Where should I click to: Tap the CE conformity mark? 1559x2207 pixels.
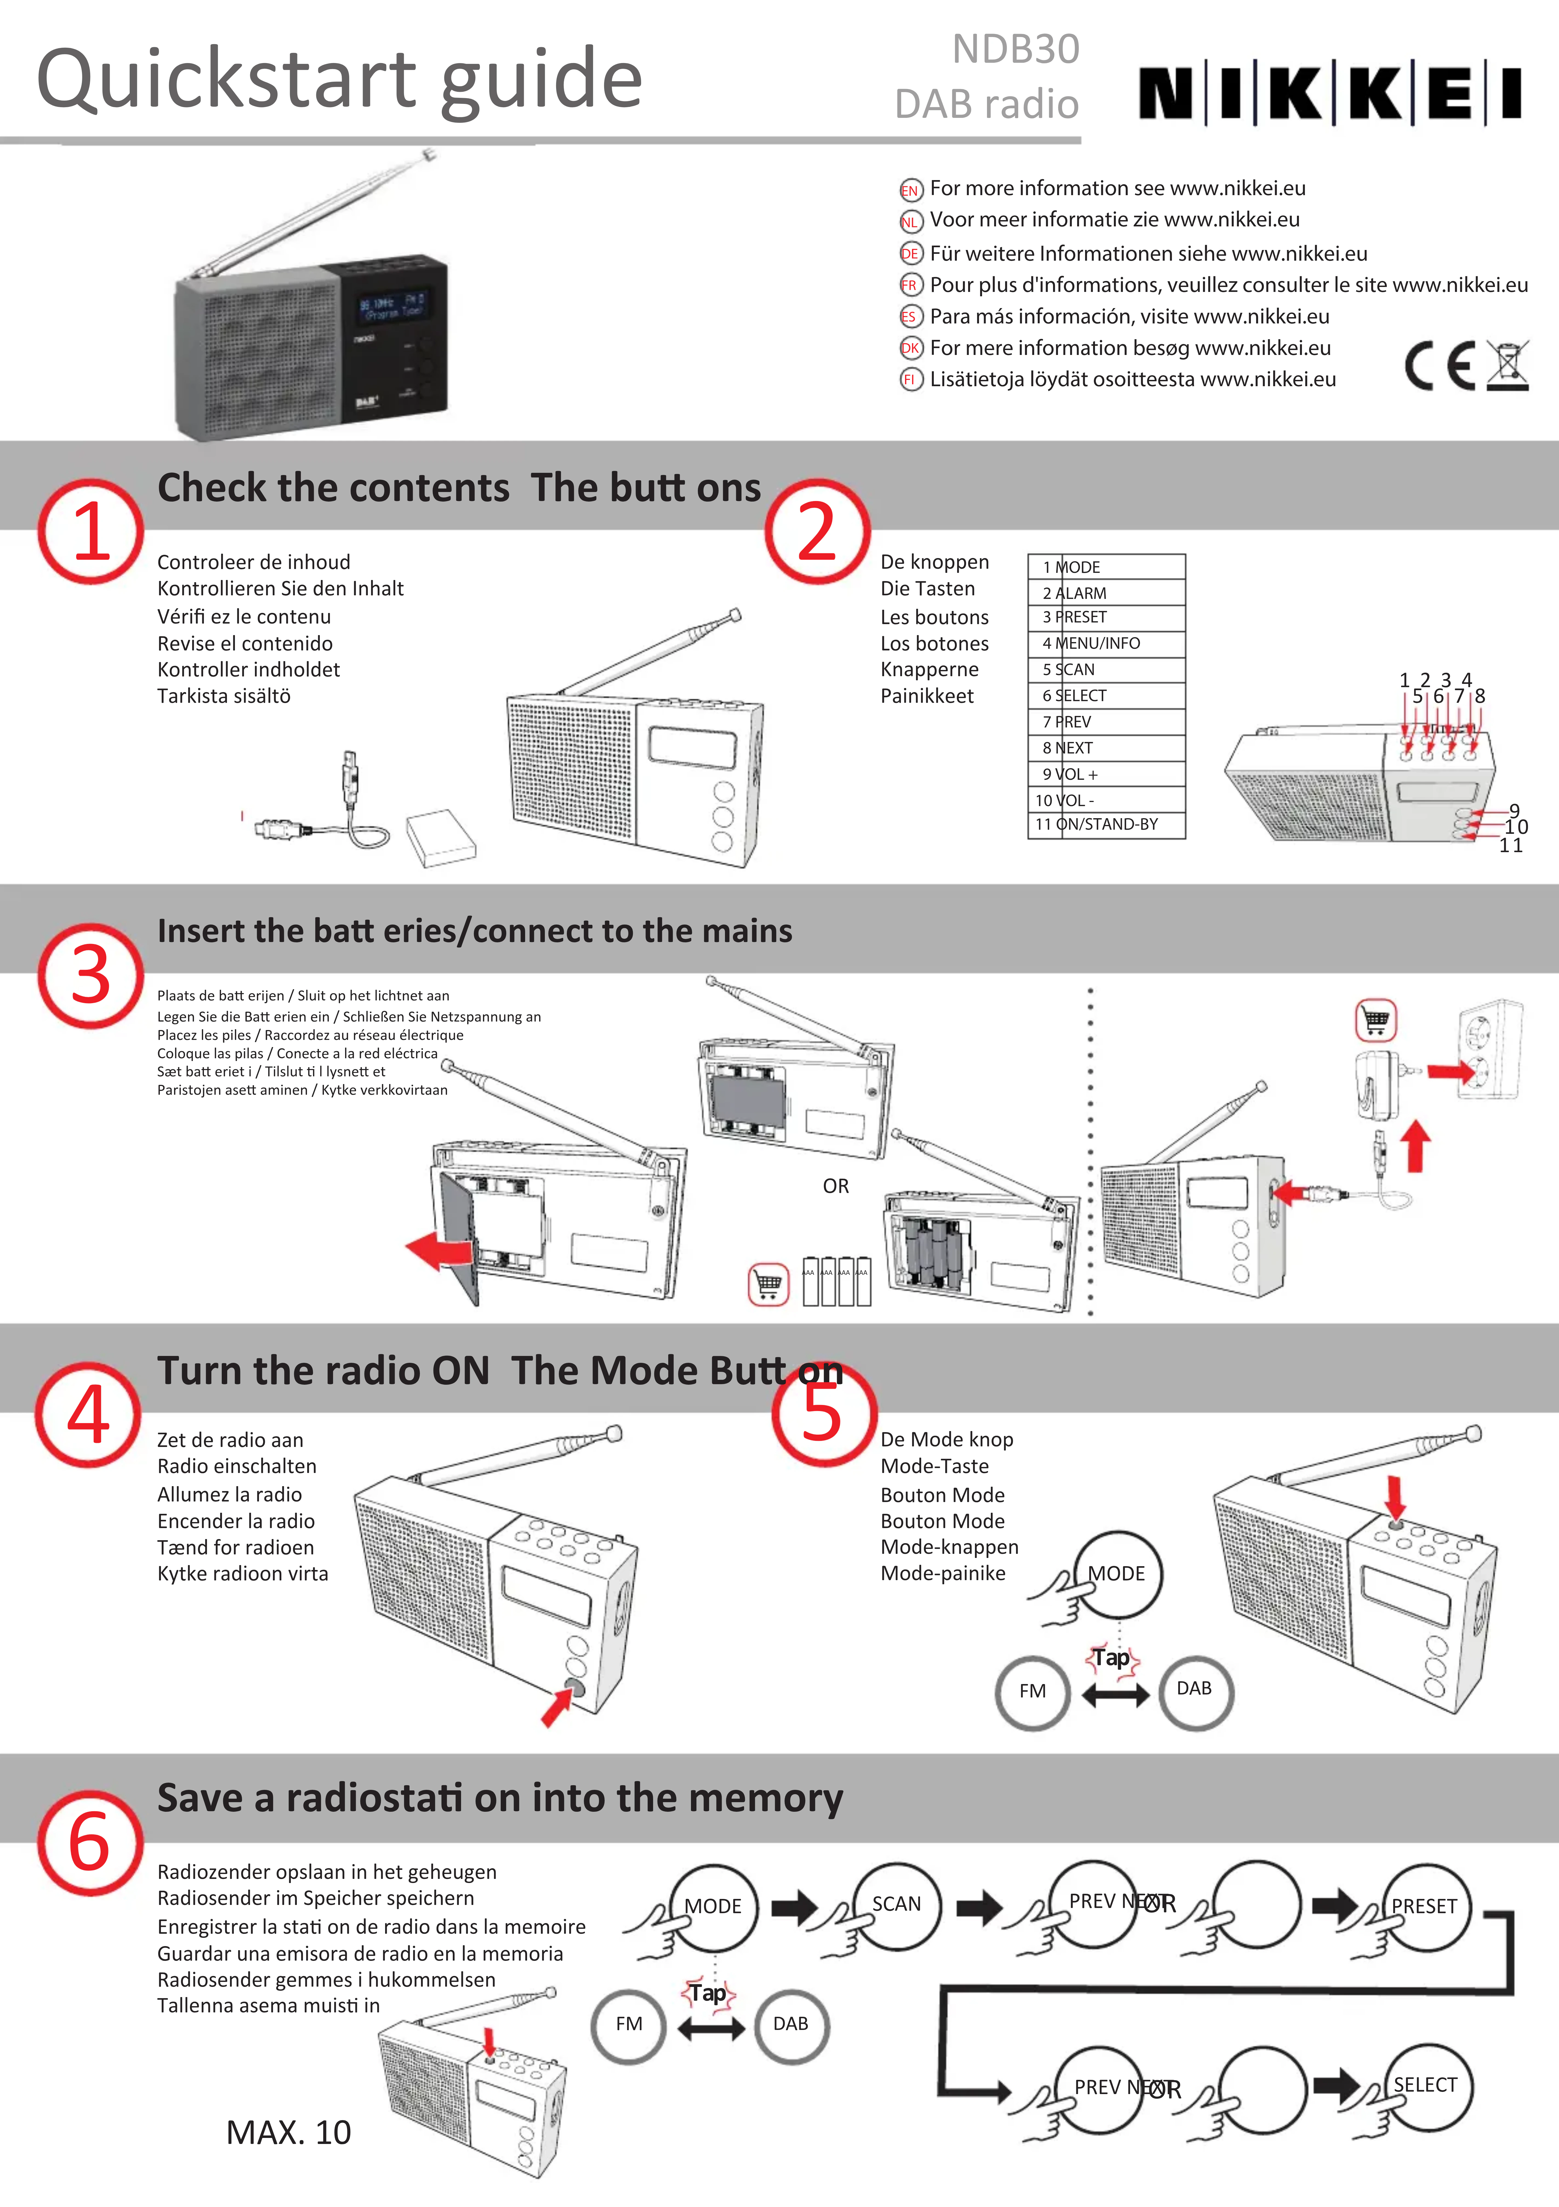tap(1439, 366)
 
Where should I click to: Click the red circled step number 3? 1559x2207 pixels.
tap(90, 976)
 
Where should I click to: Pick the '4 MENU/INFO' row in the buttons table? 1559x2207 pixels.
tap(1105, 643)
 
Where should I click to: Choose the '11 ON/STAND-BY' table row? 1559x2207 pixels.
tap(1105, 824)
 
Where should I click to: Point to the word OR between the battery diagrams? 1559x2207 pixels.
tap(835, 1186)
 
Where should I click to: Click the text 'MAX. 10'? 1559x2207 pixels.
tap(288, 2132)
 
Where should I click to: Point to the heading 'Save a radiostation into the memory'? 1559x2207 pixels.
tap(500, 1798)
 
